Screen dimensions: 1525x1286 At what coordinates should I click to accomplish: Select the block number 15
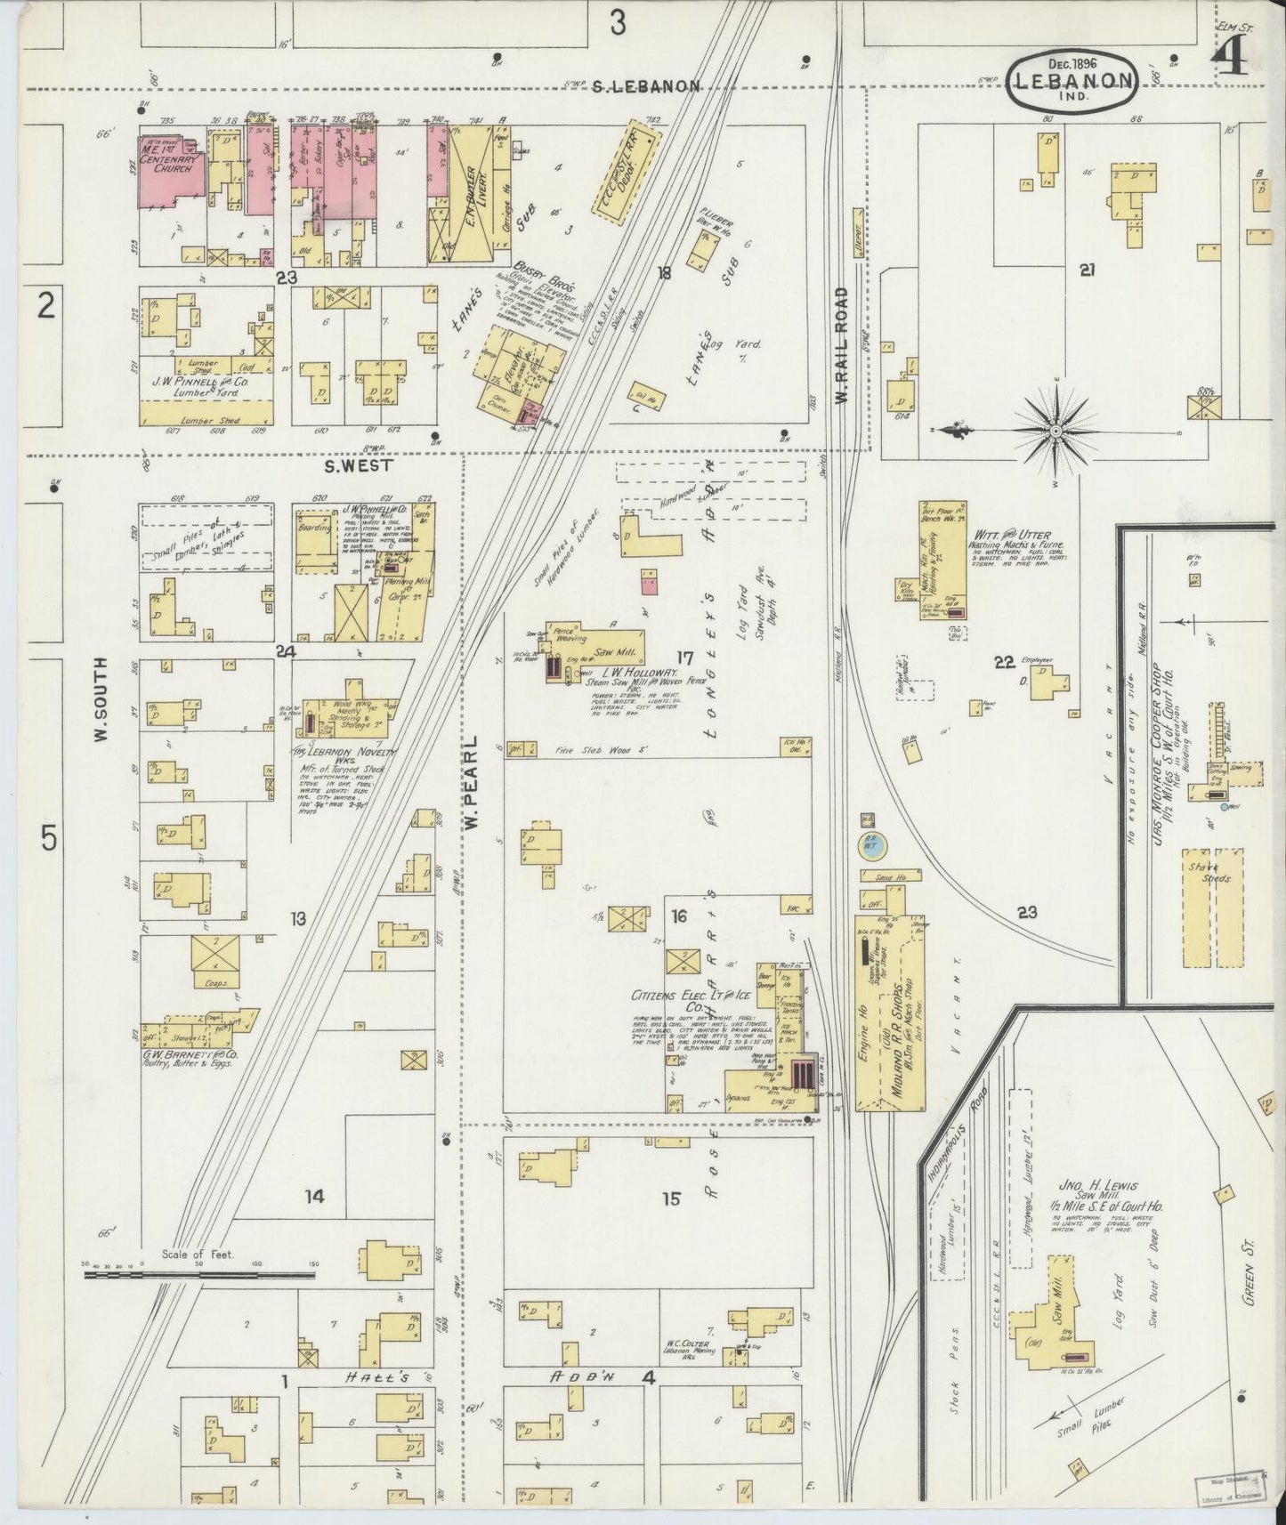point(670,1199)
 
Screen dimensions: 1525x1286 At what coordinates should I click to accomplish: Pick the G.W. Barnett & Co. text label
point(202,1054)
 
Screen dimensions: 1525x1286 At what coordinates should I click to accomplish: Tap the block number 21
point(1086,271)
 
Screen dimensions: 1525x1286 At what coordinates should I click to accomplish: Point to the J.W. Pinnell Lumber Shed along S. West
point(206,411)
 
